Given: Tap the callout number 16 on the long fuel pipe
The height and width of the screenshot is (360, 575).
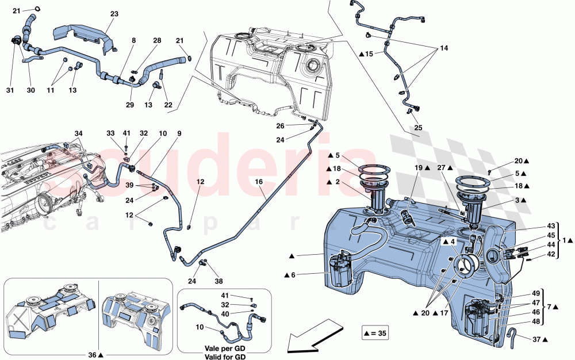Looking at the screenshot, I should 259,182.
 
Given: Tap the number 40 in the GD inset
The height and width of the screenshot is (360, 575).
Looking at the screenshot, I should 225,314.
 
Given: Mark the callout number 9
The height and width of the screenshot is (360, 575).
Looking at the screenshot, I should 179,134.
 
